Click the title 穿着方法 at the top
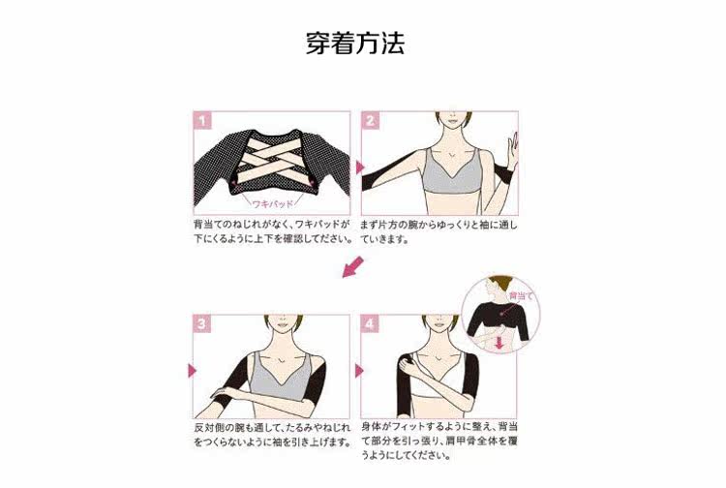tap(354, 44)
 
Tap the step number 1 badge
tap(202, 121)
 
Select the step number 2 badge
tap(370, 121)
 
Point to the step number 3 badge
tap(202, 323)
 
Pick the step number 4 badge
tap(370, 323)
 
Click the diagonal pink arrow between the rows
tap(354, 265)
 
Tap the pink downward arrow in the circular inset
tap(500, 341)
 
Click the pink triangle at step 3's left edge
tap(192, 371)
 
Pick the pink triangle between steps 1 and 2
tap(359, 167)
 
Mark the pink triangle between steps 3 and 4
tap(359, 371)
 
